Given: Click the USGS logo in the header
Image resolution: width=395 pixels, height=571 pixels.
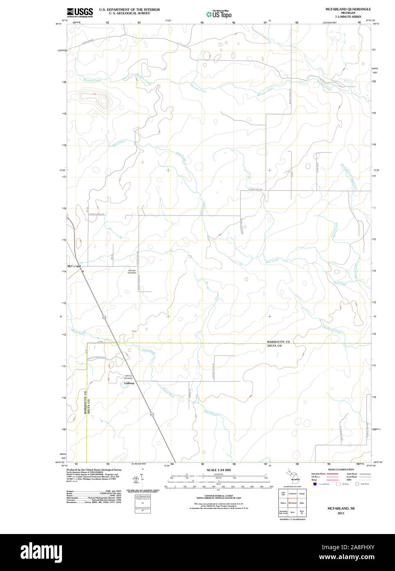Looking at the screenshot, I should (80, 12).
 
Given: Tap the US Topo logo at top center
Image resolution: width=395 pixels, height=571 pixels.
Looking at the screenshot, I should (219, 14).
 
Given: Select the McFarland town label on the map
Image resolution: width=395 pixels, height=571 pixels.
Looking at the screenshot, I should (74, 267).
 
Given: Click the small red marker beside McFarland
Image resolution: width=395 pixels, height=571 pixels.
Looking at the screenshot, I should (83, 271).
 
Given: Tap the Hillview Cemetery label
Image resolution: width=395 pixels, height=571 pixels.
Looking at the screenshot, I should (132, 272).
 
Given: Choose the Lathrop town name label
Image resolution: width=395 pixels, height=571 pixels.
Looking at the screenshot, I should (129, 383).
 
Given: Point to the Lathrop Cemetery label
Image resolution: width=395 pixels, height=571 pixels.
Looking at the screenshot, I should (128, 377).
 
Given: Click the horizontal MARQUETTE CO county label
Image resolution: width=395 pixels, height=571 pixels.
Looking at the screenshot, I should (278, 342).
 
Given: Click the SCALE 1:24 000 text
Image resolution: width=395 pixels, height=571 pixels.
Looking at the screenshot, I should (218, 470).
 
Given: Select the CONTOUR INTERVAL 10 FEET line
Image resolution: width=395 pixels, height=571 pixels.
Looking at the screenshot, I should (218, 496).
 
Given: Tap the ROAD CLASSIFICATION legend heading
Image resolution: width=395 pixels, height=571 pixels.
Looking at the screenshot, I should (341, 470).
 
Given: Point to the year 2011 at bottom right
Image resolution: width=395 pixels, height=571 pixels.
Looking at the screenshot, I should (341, 513).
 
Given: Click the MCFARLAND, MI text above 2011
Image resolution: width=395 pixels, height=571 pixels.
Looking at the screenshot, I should (341, 509).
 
